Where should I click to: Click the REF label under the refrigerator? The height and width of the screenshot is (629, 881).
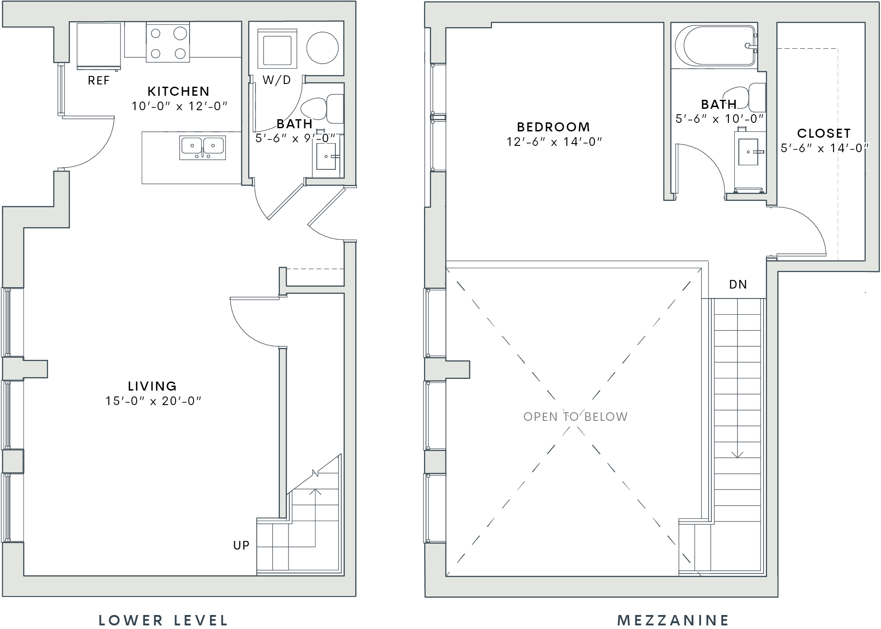tap(99, 80)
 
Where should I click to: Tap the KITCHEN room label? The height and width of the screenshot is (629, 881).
tap(179, 91)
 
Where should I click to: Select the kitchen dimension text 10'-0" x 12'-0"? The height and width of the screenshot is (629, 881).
tap(179, 106)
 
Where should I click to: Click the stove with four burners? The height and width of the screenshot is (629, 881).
tap(168, 42)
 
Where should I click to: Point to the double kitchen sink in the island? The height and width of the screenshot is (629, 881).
tap(202, 147)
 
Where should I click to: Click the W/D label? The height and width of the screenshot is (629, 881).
tap(277, 80)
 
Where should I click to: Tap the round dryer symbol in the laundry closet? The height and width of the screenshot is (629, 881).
tap(323, 47)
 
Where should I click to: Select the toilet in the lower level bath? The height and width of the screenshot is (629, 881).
tap(322, 109)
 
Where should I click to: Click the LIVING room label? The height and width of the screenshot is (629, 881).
tap(153, 386)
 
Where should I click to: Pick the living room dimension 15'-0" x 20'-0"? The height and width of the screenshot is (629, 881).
tap(153, 401)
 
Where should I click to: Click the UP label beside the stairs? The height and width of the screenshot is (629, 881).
tap(241, 545)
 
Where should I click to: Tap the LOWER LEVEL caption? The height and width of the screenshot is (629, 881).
tap(163, 620)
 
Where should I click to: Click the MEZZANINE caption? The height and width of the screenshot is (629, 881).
tap(673, 620)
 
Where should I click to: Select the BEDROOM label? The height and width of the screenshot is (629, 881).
tap(553, 127)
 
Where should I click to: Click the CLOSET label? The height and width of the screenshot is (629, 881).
tap(824, 133)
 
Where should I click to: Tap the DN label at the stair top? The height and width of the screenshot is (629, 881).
tap(738, 284)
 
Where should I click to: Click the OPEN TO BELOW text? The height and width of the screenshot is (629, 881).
tap(575, 416)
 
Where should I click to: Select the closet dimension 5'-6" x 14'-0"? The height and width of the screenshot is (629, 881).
tap(825, 148)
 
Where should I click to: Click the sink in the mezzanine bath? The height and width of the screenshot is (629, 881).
tap(748, 152)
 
